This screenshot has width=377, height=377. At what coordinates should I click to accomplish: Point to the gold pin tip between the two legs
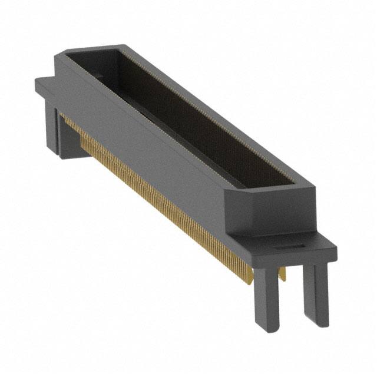(282, 273)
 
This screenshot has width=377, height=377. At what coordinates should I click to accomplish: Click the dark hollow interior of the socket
(177, 112)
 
